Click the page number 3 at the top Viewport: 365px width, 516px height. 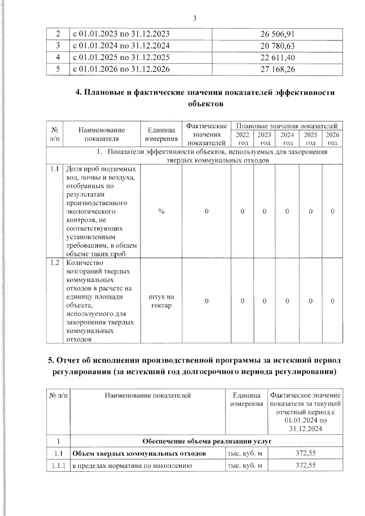pyautogui.click(x=195, y=19)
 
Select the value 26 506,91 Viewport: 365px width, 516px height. pyautogui.click(x=277, y=34)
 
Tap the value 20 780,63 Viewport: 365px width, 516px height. pyautogui.click(x=277, y=46)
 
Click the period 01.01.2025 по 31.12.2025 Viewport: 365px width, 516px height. pyautogui.click(x=121, y=57)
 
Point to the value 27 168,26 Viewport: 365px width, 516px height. pyautogui.click(x=277, y=69)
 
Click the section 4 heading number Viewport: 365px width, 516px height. pyautogui.click(x=78, y=92)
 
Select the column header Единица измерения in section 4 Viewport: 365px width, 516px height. pyautogui.click(x=161, y=134)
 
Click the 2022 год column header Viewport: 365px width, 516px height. pyautogui.click(x=242, y=139)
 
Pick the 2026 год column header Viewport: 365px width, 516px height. pyautogui.click(x=332, y=139)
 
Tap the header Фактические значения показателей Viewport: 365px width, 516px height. pyautogui.click(x=207, y=134)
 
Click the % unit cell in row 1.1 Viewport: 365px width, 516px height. pyautogui.click(x=161, y=211)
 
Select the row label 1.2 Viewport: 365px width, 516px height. pyautogui.click(x=55, y=263)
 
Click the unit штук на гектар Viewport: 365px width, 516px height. pyautogui.click(x=161, y=301)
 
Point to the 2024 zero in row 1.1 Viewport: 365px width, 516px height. pyautogui.click(x=287, y=211)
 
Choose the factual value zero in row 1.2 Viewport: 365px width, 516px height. pyautogui.click(x=207, y=301)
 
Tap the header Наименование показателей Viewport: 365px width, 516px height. pyautogui.click(x=148, y=395)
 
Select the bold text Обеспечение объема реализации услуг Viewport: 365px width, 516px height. pyautogui.click(x=207, y=441)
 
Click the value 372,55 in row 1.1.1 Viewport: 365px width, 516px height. pyautogui.click(x=305, y=465)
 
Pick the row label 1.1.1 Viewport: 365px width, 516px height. pyautogui.click(x=58, y=465)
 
